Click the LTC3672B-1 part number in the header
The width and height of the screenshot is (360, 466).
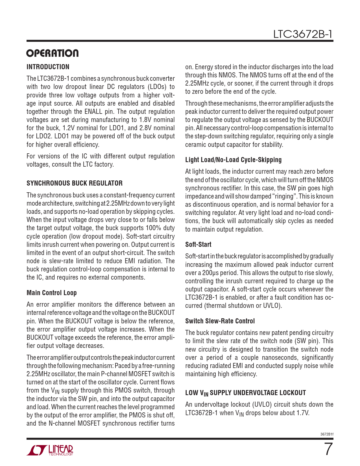pyautogui.click(x=303, y=34)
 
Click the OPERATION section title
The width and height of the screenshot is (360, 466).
pyautogui.click(x=53, y=53)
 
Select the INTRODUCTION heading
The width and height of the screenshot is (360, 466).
pyautogui.click(x=48, y=67)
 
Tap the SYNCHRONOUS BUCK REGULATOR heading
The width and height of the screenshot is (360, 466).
pyautogui.click(x=75, y=183)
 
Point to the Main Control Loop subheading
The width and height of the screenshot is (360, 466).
pyautogui.click(x=52, y=293)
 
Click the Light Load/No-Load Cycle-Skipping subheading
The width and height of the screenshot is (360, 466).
pyautogui.click(x=233, y=160)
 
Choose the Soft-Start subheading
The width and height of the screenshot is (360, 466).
pyautogui.click(x=198, y=245)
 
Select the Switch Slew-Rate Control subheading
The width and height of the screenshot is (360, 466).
pyautogui.click(x=220, y=321)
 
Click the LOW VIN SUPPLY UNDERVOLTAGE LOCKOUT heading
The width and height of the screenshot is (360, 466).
pyautogui.click(x=245, y=393)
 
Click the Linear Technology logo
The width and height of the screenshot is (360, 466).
pyautogui.click(x=50, y=450)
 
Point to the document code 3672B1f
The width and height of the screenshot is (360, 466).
pyautogui.click(x=327, y=434)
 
